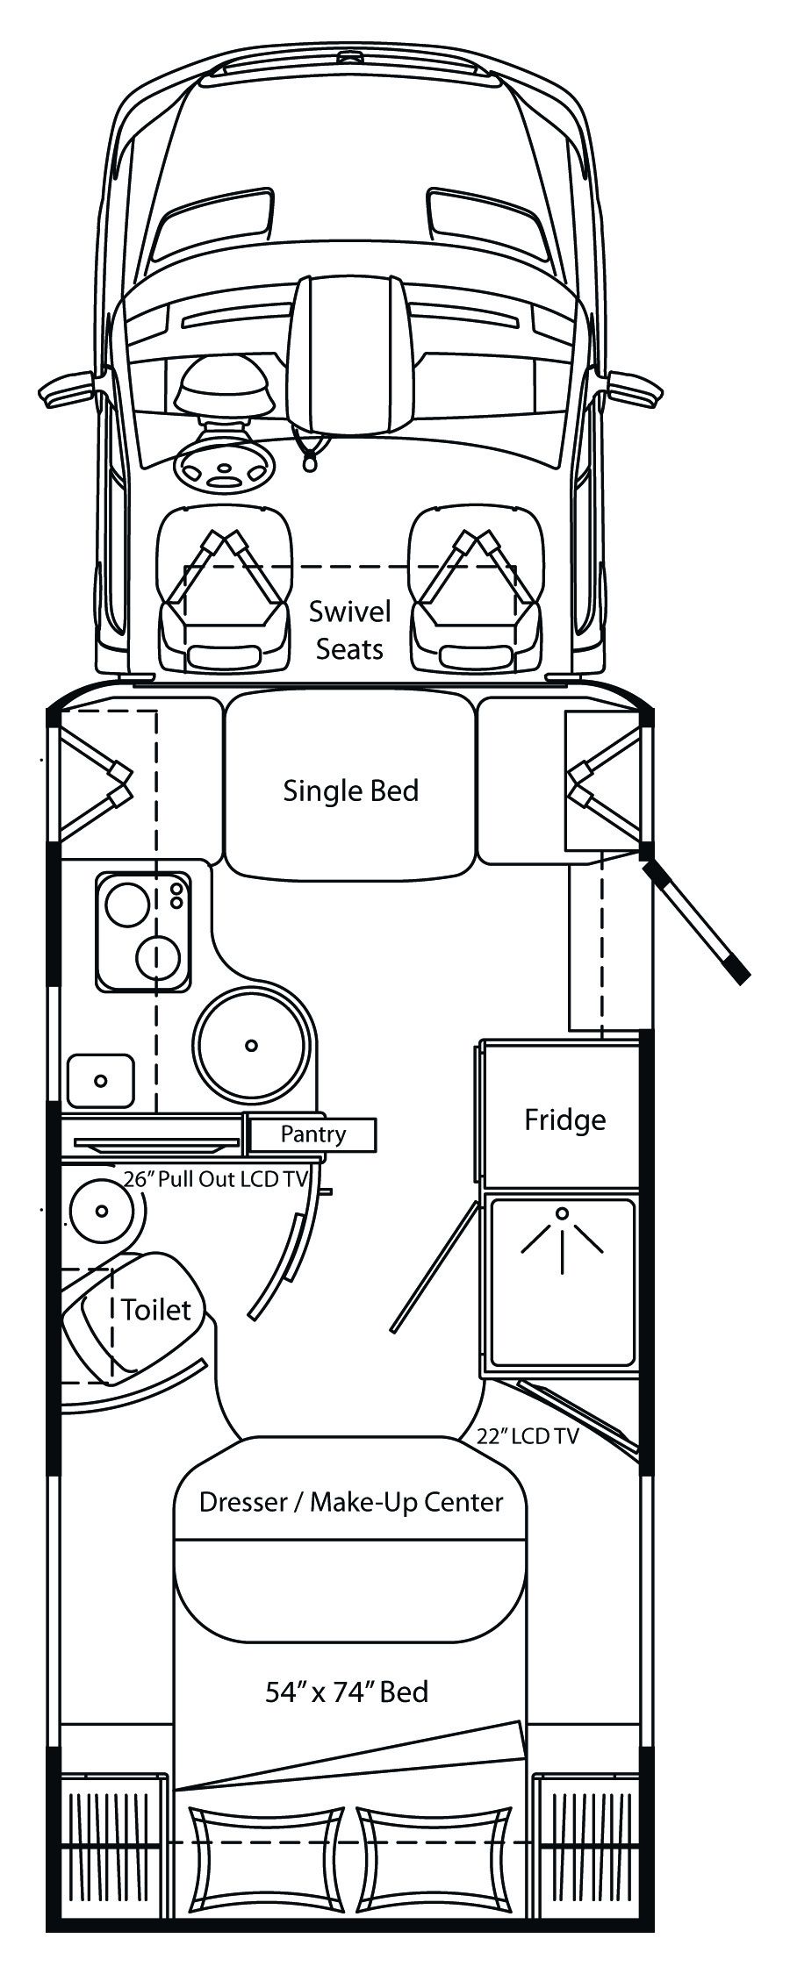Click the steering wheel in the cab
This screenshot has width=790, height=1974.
pyautogui.click(x=225, y=465)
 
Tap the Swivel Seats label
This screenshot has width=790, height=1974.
pyautogui.click(x=349, y=630)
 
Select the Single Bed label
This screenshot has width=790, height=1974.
pyautogui.click(x=350, y=790)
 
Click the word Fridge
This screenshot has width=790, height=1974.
pyautogui.click(x=564, y=1119)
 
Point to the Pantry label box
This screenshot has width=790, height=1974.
pyautogui.click(x=312, y=1134)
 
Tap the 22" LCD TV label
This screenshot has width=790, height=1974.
pyautogui.click(x=527, y=1436)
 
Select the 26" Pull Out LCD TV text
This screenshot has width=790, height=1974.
pyautogui.click(x=216, y=1179)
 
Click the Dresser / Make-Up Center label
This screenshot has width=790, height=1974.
pyautogui.click(x=351, y=1502)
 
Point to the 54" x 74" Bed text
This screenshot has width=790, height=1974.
pyautogui.click(x=347, y=1691)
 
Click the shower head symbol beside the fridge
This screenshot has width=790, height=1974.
pyautogui.click(x=562, y=1237)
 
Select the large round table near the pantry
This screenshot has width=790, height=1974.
pyautogui.click(x=252, y=1045)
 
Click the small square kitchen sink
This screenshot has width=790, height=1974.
pyautogui.click(x=101, y=1080)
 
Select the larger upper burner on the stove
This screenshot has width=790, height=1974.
pyautogui.click(x=127, y=904)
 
